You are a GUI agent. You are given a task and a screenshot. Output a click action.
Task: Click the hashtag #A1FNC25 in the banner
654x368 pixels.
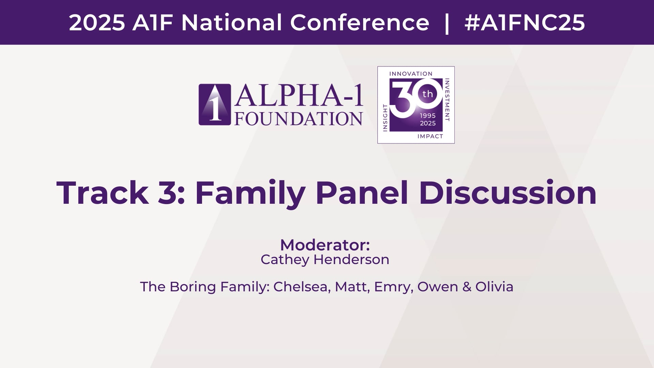[x=525, y=23]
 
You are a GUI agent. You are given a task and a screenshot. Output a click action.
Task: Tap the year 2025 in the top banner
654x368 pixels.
[x=97, y=23]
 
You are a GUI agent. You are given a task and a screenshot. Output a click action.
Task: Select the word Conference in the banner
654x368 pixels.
[x=360, y=23]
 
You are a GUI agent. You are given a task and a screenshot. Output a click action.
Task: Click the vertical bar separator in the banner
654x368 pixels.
[x=447, y=23]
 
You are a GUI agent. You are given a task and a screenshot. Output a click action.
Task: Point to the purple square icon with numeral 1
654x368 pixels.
[x=215, y=105]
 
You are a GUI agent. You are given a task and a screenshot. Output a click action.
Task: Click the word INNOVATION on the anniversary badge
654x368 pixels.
[x=411, y=74]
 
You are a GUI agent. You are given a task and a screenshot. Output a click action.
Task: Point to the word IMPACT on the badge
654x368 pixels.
[x=430, y=136]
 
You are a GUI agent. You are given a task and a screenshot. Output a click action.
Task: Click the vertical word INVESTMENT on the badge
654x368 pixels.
[x=447, y=99]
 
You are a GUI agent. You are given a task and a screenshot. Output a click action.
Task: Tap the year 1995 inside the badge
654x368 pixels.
[x=428, y=116]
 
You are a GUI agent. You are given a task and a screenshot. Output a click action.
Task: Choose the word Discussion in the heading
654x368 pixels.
[x=508, y=193]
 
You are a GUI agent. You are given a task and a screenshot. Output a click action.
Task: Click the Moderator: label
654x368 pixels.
[x=325, y=245]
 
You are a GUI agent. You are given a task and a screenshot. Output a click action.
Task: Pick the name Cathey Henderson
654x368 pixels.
[x=325, y=260]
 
